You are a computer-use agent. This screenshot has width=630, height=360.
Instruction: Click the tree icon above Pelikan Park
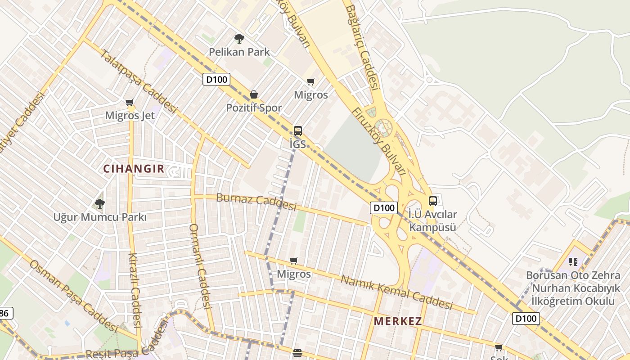239,39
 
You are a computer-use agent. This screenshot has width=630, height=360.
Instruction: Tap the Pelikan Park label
239,52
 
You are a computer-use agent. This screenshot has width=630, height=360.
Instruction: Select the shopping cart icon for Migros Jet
130,103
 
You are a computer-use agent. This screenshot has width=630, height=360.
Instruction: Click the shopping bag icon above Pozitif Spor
254,94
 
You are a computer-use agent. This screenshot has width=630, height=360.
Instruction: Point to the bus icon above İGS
298,131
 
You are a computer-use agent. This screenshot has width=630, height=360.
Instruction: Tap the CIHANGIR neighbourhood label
134,169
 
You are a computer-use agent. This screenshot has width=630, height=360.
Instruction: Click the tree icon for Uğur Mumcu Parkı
100,204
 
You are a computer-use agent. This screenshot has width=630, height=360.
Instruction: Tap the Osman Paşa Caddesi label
73,295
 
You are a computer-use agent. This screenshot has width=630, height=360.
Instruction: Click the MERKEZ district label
398,321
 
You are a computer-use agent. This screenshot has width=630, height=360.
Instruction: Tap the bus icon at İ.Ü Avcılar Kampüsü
433,201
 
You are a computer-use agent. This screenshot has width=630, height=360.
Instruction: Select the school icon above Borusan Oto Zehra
573,261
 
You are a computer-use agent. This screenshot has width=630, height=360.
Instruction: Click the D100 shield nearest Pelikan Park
216,80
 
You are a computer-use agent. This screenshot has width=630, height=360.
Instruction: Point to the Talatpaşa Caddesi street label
137,81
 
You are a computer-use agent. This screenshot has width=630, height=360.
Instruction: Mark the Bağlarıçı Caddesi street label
363,47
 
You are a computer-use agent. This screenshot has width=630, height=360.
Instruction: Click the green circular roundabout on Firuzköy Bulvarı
383,128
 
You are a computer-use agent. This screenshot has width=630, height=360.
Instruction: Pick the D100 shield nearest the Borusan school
526,319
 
